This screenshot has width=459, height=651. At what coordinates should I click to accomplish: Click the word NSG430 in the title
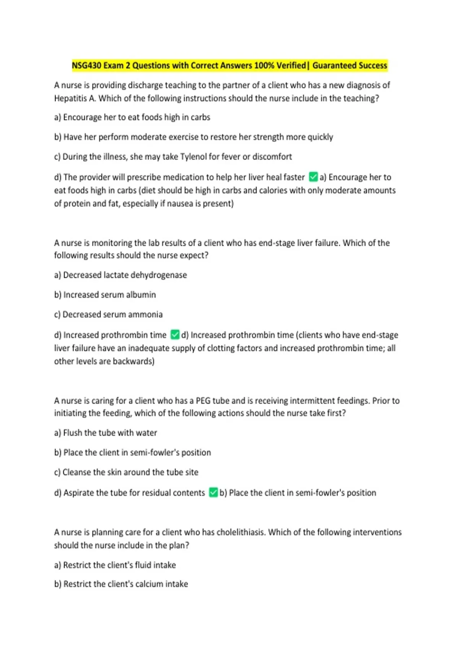pos(86,65)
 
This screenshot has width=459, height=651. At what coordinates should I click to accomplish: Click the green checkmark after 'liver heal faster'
pos(313,177)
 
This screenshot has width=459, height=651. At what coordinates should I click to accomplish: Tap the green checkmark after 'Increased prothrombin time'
pos(175,335)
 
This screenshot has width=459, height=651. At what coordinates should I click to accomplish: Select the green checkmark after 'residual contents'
pos(213,492)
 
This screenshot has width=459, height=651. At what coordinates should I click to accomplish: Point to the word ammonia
pos(146,314)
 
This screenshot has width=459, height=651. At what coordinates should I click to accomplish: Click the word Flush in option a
pos(72,433)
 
